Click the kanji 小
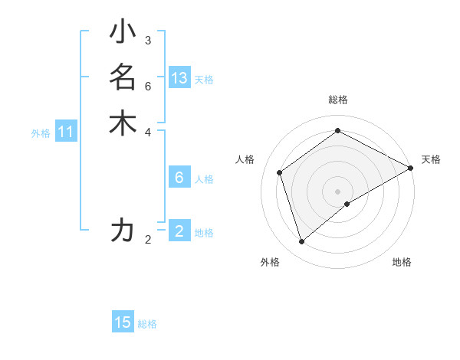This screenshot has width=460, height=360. coord(123,33)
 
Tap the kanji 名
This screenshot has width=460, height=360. coord(123,77)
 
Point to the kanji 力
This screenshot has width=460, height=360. coord(123,230)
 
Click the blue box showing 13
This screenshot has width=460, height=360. coord(179,77)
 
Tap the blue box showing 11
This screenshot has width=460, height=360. coord(66,133)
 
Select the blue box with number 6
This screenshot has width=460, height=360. coord(179,178)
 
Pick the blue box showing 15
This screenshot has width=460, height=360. coord(123,322)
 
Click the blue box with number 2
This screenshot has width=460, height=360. coord(179,231)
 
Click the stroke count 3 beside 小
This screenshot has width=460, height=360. coord(148,40)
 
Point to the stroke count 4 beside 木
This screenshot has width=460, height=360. coord(148,131)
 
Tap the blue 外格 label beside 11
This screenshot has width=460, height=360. coord(41,133)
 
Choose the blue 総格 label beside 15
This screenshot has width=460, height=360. coord(147,324)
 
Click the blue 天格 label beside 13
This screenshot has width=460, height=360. coord(204,79)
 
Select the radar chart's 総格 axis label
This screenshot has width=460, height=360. coord(338,100)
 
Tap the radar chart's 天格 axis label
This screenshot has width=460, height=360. coord(431,159)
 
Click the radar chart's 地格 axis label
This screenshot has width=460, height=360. coord(402,262)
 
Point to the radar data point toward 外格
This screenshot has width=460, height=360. coord(302,242)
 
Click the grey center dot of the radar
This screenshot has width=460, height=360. coord(338,191)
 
